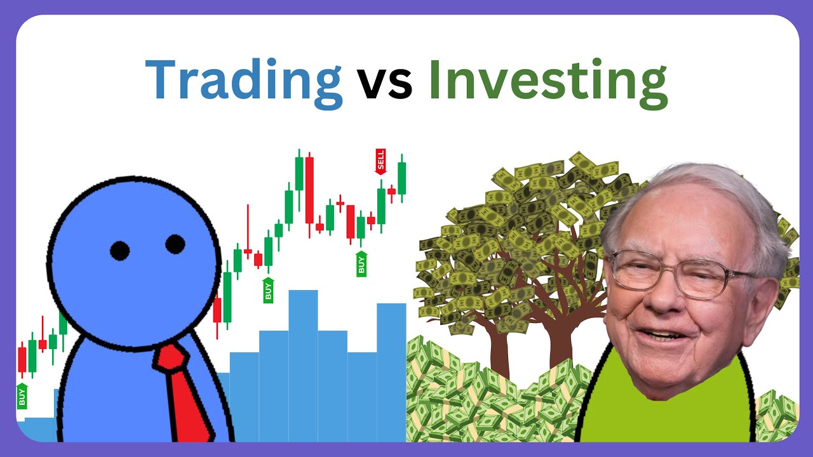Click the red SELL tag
tap(380, 162)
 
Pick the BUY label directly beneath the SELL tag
tap(361, 263)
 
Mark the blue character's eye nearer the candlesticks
tap(175, 244)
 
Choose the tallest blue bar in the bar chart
tap(303, 365)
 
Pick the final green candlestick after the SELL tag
tap(401, 178)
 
